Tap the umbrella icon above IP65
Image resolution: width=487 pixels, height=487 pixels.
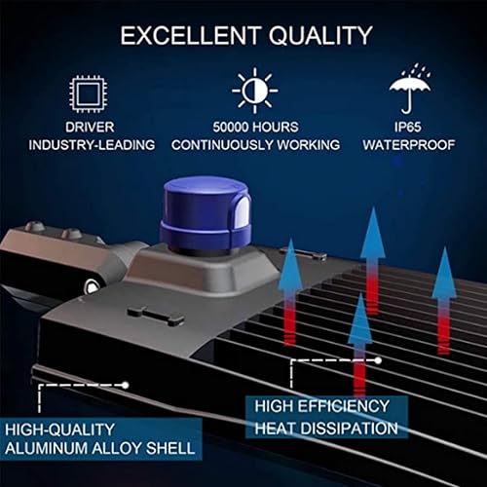click(x=411, y=90)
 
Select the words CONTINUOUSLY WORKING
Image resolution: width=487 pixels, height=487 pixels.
click(x=255, y=145)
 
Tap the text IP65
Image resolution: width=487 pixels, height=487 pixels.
click(x=411, y=127)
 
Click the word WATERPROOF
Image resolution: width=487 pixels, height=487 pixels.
click(x=411, y=145)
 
